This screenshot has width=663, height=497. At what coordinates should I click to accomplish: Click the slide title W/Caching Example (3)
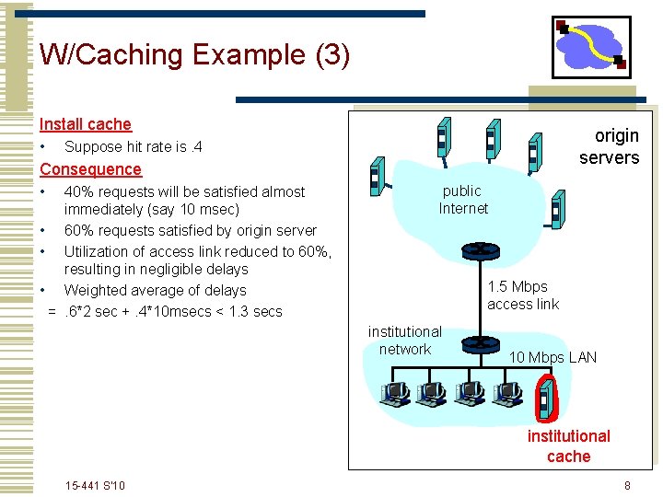[x=194, y=55]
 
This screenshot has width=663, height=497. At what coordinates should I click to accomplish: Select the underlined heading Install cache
[x=86, y=124]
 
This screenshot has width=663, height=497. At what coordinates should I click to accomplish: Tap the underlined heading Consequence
[x=90, y=169]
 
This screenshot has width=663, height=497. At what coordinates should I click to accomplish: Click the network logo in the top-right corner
[x=591, y=48]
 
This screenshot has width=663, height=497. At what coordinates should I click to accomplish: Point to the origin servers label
[x=609, y=147]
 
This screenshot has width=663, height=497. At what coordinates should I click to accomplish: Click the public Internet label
[x=462, y=200]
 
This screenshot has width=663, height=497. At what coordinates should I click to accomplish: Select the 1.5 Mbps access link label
[x=523, y=295]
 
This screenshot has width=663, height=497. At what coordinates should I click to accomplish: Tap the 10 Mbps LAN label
[x=552, y=357]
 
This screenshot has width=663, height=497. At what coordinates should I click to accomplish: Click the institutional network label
[x=405, y=340]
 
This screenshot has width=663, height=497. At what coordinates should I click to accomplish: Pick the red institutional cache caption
[x=568, y=445]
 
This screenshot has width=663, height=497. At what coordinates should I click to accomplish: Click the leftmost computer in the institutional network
[x=395, y=394]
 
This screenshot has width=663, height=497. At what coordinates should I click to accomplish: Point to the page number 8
[x=627, y=486]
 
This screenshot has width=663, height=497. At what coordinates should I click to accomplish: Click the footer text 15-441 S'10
[x=96, y=486]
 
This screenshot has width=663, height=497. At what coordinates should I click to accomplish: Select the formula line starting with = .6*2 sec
[x=165, y=311]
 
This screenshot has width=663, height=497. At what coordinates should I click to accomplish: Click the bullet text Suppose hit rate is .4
[x=134, y=147]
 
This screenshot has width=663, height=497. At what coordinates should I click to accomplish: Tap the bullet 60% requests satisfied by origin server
[x=190, y=231]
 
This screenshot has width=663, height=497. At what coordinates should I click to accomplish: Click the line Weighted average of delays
[x=155, y=290]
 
